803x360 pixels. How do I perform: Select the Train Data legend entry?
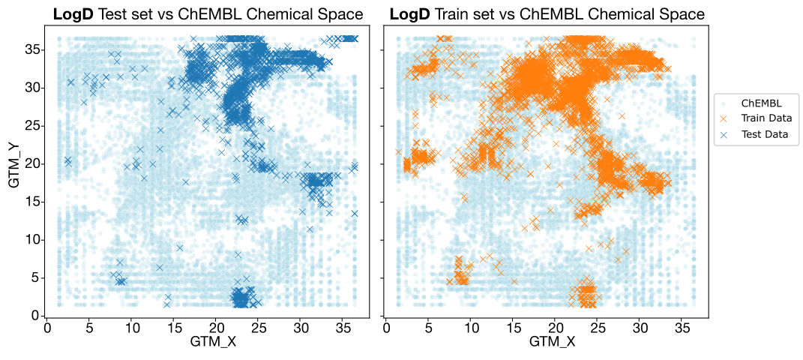pyautogui.click(x=766, y=118)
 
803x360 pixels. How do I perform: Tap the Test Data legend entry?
pyautogui.click(x=764, y=135)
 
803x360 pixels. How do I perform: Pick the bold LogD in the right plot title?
pyautogui.click(x=409, y=13)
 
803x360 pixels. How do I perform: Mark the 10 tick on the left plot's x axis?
pyautogui.click(x=132, y=327)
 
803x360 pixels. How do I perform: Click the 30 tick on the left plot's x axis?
pyautogui.click(x=301, y=327)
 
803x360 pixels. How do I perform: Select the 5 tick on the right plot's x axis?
pyautogui.click(x=429, y=327)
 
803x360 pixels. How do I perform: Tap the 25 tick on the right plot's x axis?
pyautogui.click(x=598, y=327)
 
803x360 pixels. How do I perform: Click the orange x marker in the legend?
pyautogui.click(x=725, y=118)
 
